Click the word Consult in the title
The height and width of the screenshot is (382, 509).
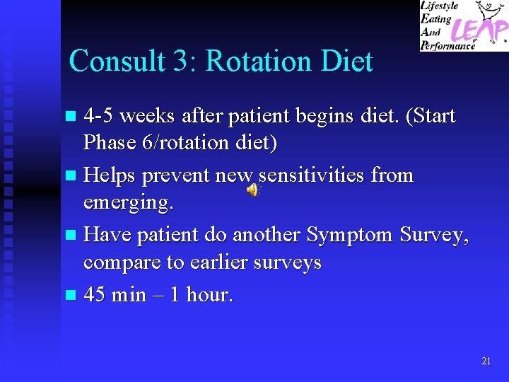116,61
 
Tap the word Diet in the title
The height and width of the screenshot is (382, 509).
346,61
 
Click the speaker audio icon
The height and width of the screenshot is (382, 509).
252,189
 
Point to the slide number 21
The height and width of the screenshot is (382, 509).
486,361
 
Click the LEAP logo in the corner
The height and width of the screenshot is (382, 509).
464,25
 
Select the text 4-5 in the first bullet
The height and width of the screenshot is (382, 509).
100,115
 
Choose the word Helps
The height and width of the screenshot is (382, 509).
111,174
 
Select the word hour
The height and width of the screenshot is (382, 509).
209,294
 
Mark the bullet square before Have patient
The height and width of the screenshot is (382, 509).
69,235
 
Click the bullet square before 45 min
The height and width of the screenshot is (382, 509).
69,295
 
